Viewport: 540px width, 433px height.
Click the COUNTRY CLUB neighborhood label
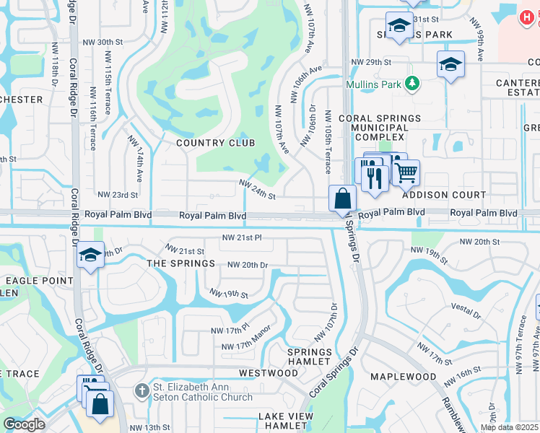tap(216, 143)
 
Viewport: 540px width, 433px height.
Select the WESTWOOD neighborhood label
tap(268, 373)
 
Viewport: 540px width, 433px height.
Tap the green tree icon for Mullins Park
tap(412, 84)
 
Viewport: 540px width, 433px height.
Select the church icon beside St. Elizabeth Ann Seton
tap(142, 390)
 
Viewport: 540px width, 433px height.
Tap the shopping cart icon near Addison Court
tap(406, 172)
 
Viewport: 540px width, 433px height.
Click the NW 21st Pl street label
tap(241, 237)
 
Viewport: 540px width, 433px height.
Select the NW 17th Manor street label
tap(245, 346)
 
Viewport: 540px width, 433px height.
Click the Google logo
tap(24, 424)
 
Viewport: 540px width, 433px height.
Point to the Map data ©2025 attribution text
tap(508, 427)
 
